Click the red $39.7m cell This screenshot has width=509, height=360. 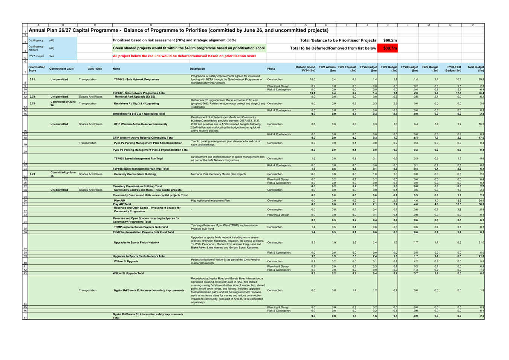(x=388, y=48)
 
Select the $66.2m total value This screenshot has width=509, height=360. (x=390, y=40)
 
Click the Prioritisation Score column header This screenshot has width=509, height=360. (x=37, y=69)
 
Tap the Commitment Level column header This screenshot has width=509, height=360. (x=61, y=69)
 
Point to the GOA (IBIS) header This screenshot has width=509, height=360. (x=95, y=69)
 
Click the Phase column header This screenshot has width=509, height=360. (x=271, y=69)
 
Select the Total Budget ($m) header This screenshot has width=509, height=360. (x=475, y=69)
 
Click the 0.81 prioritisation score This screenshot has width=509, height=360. (x=32, y=80)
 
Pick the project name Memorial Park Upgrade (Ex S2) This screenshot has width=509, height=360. (x=135, y=97)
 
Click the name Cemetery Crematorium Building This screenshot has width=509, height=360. (x=135, y=174)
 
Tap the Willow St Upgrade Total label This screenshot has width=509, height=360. (x=128, y=273)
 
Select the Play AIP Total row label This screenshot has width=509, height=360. (x=122, y=204)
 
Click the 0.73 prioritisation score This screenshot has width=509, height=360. (x=32, y=174)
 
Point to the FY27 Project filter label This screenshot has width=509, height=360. (x=36, y=56)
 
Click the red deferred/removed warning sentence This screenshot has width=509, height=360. (x=185, y=56)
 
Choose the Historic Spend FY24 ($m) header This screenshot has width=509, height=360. (x=306, y=69)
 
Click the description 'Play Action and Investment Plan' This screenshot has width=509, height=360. (x=210, y=201)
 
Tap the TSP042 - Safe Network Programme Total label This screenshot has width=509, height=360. (x=139, y=93)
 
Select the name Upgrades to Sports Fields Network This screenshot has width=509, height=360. (x=137, y=242)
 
